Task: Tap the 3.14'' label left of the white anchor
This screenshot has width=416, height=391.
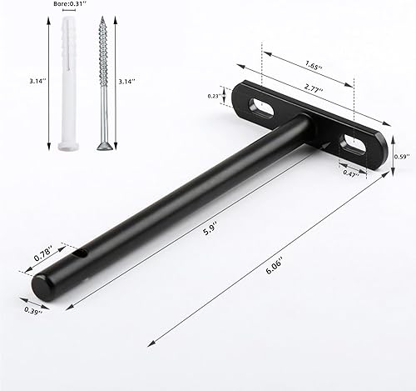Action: tap(37, 81)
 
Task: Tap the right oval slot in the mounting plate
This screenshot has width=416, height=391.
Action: tap(356, 143)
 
